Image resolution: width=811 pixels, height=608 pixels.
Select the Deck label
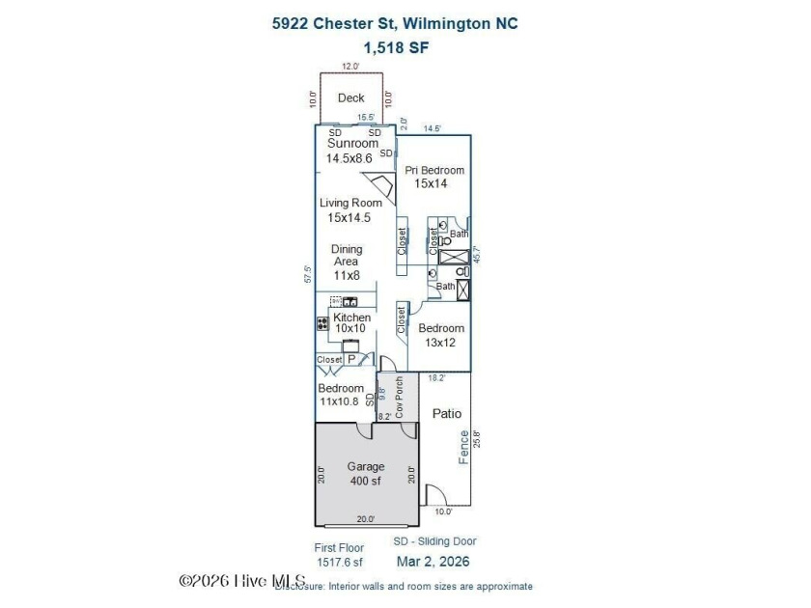350,97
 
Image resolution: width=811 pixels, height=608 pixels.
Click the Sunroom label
352,144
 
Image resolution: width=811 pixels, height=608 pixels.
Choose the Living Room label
350,203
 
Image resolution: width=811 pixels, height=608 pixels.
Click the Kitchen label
351,318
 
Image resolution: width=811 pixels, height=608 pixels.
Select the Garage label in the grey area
366,467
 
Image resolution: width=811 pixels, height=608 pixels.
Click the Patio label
446,413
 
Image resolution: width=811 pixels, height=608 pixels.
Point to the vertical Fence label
463,447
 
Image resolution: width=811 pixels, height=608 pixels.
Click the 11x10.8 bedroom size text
341,401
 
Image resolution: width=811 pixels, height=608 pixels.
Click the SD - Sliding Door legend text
434,541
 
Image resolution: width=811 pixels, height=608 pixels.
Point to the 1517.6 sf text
339,562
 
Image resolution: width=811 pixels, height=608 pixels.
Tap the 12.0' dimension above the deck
350,67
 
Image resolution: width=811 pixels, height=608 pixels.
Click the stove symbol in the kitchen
322,324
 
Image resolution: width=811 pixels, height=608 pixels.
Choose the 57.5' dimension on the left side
308,275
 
